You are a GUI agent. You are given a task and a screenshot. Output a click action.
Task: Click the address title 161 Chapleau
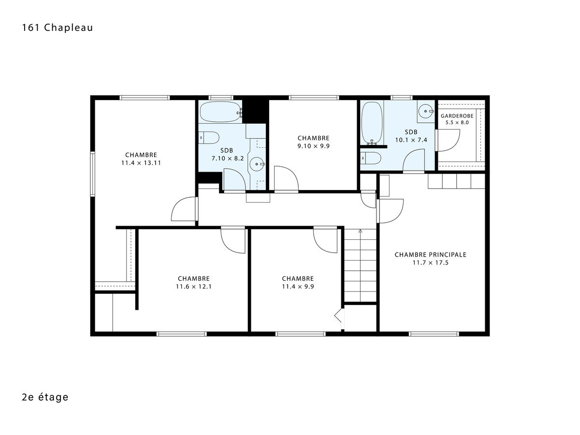pyautogui.click(x=58, y=28)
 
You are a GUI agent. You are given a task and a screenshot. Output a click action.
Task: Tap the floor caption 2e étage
pyautogui.click(x=45, y=397)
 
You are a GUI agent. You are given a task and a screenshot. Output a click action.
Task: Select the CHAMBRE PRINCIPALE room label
pyautogui.click(x=431, y=255)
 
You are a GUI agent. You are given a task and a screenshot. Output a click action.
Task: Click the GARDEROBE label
pyautogui.click(x=457, y=116)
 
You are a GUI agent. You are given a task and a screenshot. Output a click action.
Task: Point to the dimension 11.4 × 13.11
pyautogui.click(x=141, y=163)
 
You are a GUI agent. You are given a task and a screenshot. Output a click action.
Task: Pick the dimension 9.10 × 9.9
pyautogui.click(x=313, y=146)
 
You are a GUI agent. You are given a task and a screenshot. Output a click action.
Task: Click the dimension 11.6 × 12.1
pyautogui.click(x=194, y=287)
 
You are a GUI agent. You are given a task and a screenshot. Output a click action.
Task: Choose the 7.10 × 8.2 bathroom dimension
pyautogui.click(x=228, y=159)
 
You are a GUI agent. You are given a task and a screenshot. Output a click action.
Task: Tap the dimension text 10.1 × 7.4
pyautogui.click(x=411, y=140)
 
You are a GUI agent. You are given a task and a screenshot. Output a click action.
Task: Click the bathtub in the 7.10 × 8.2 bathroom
pyautogui.click(x=220, y=112)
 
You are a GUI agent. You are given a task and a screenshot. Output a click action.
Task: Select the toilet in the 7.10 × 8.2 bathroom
pyautogui.click(x=209, y=138)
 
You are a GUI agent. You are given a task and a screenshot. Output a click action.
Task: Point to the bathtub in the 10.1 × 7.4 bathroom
pyautogui.click(x=372, y=123)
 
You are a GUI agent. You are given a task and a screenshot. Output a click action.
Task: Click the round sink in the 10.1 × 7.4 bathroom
pyautogui.click(x=425, y=111)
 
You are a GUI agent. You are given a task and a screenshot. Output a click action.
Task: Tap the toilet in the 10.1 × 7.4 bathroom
pyautogui.click(x=370, y=159)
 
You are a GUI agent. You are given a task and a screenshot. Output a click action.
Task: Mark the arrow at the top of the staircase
pyautogui.click(x=360, y=232)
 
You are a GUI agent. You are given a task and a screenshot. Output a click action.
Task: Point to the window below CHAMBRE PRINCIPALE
pyautogui.click(x=434, y=334)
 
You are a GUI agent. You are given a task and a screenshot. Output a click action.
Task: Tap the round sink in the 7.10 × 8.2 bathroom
pyautogui.click(x=256, y=164)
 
